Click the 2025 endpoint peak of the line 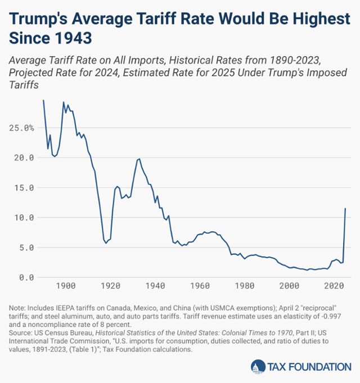coord(345,209)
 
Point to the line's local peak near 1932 coord(139,159)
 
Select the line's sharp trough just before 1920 coord(106,243)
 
